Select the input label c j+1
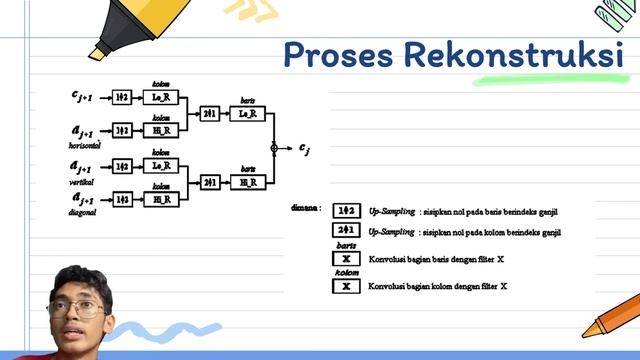coord(81,96)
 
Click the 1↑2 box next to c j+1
coord(122,97)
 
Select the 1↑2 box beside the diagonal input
coord(122,200)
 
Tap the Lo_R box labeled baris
coord(246,114)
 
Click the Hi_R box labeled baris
coord(246,182)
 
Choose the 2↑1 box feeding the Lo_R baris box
coord(210,114)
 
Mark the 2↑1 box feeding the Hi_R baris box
coord(210,182)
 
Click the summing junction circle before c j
coord(274,148)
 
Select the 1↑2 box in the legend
coord(346,211)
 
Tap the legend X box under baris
coord(346,259)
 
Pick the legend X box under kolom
coord(346,286)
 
